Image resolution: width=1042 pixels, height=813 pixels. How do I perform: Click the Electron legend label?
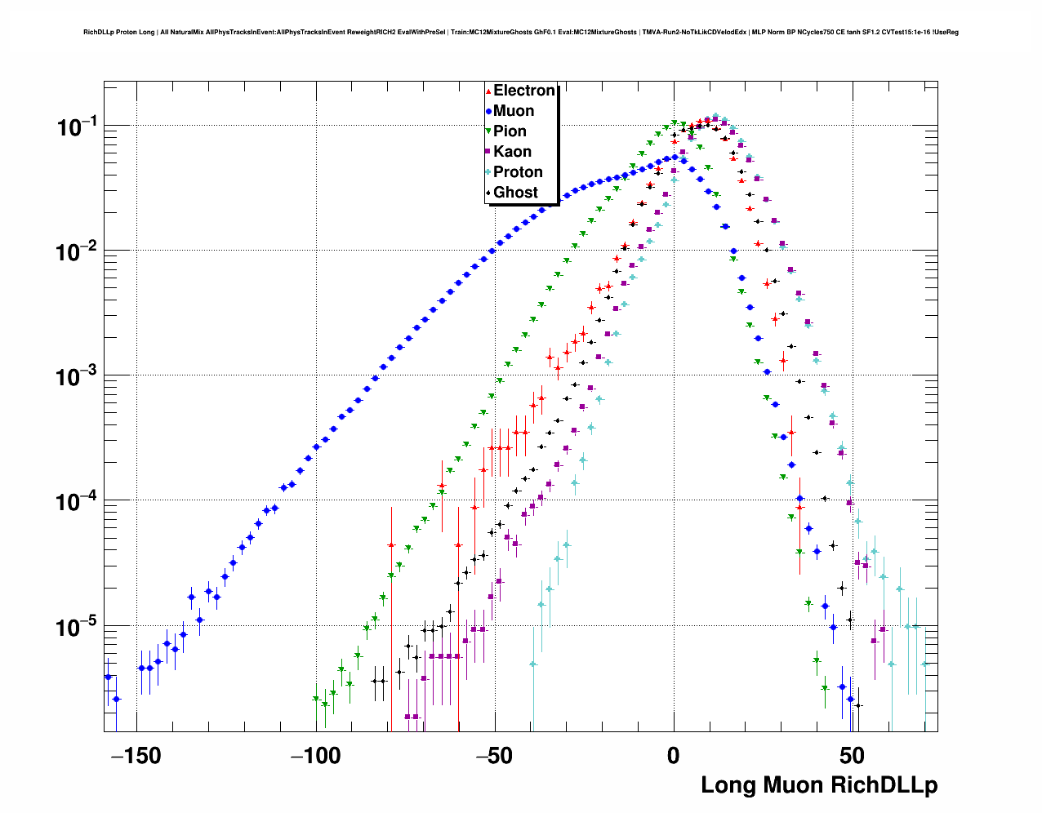point(524,91)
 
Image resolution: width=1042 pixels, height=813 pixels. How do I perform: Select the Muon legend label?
point(514,111)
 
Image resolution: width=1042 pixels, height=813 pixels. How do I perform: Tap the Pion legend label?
point(510,131)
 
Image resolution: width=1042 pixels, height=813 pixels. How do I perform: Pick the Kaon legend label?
point(512,152)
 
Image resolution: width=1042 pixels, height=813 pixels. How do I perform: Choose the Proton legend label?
point(518,172)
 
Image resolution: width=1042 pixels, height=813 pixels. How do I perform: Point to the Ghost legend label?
point(515,193)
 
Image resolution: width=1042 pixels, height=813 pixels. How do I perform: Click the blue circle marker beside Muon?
point(488,111)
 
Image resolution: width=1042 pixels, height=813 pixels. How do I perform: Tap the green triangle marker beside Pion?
point(488,131)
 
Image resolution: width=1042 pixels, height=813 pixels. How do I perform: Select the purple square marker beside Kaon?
point(488,152)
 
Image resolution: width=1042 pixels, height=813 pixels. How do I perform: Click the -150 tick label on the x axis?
point(136,757)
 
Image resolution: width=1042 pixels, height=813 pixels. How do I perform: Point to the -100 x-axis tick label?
point(315,757)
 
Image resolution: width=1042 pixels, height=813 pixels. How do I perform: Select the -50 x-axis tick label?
point(494,757)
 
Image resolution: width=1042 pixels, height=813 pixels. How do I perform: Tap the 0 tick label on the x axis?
point(673,757)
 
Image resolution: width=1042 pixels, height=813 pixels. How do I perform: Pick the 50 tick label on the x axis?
point(852,757)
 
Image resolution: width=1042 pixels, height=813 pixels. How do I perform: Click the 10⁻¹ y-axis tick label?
point(77,127)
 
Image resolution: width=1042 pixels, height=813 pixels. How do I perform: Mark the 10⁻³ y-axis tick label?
point(77,376)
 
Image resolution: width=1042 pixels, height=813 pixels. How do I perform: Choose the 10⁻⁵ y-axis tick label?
point(77,627)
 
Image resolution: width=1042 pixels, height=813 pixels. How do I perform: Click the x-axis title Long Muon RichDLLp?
point(819,785)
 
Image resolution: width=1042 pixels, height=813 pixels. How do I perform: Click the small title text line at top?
point(521,33)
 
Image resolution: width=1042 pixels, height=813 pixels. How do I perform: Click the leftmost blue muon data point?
point(107,677)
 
